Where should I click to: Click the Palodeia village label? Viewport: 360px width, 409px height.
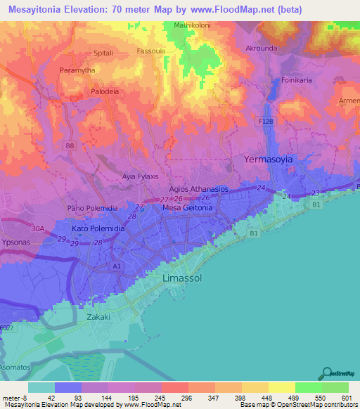105,91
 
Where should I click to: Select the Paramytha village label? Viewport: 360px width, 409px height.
77,70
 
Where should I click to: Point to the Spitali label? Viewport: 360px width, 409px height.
103,53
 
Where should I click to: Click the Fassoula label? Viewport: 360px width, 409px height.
152,51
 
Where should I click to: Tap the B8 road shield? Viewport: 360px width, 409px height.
69,145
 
